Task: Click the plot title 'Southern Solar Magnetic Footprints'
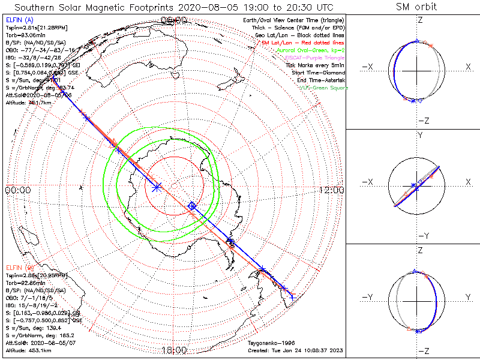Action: click(96, 7)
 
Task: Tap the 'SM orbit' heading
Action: click(416, 7)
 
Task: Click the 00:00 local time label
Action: click(17, 190)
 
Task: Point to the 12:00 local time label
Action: click(331, 190)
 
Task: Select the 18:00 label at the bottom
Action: click(174, 350)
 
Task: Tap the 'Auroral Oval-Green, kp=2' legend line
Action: click(311, 50)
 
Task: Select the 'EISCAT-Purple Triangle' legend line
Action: click(312, 57)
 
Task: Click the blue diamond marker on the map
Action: click(192, 206)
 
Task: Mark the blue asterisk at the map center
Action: click(157, 187)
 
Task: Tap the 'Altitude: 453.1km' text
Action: click(28, 350)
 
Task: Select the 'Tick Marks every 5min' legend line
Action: click(316, 65)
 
